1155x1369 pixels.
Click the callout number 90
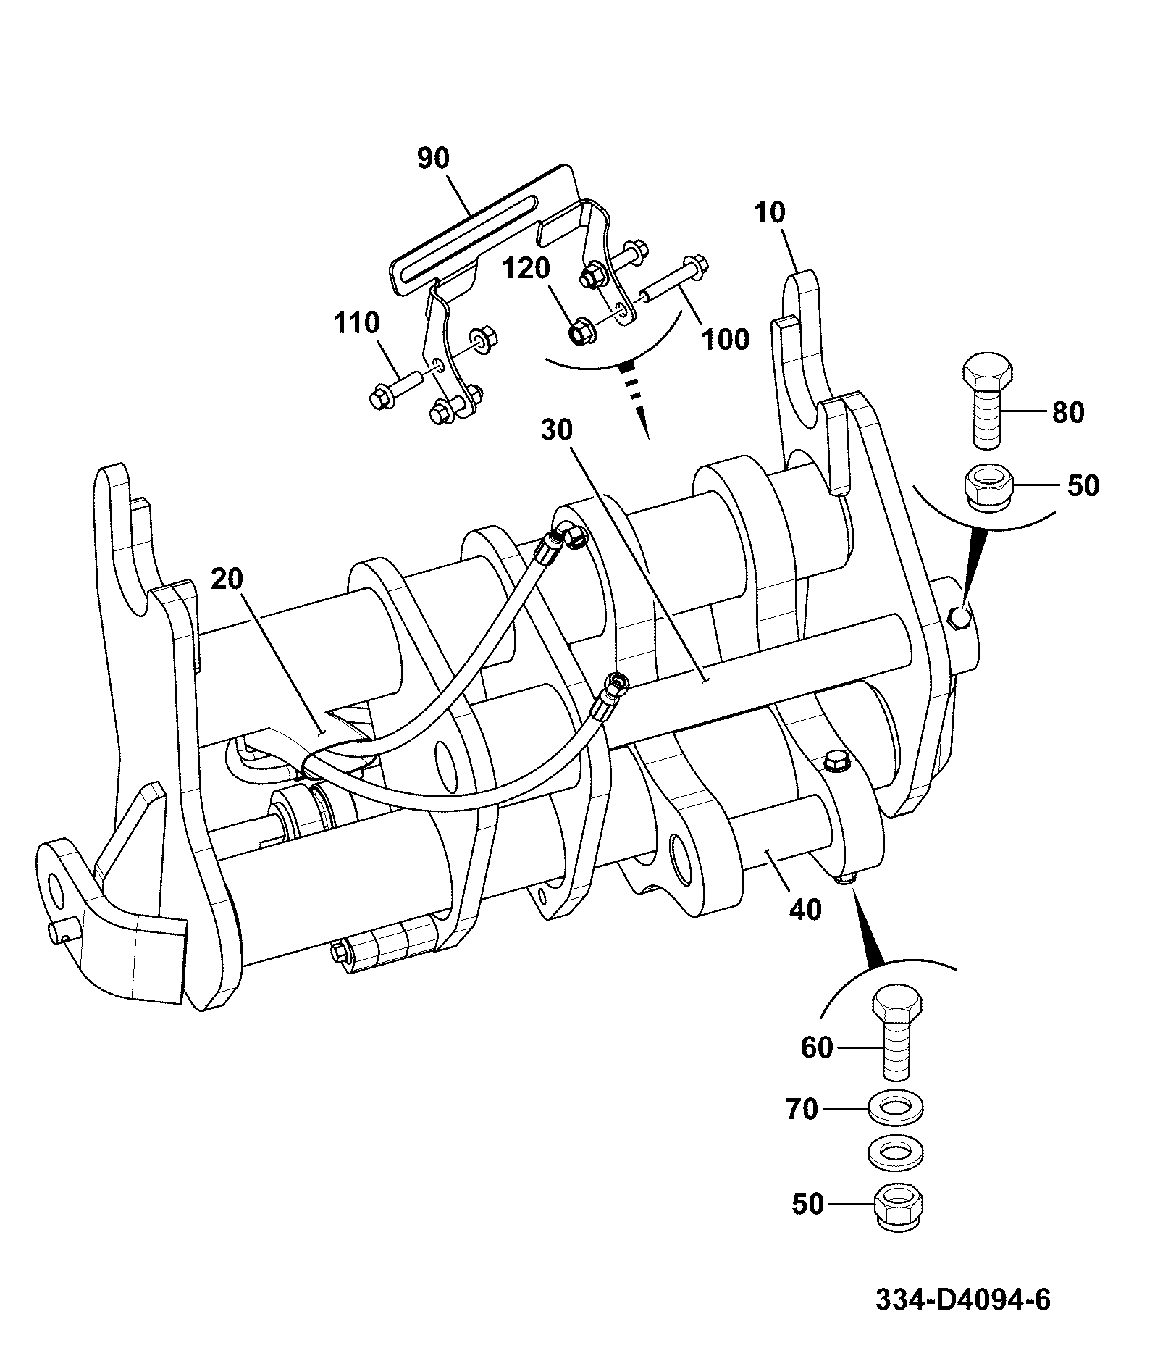coord(434,159)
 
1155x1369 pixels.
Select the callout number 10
coord(769,213)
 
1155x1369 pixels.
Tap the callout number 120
coord(526,269)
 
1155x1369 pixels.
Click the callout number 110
coord(357,322)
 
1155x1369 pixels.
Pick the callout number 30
coord(556,430)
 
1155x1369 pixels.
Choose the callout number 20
coord(227,579)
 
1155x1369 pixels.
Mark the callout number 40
coord(805,909)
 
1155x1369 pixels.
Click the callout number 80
coord(1068,413)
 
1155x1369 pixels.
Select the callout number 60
coord(818,1047)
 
